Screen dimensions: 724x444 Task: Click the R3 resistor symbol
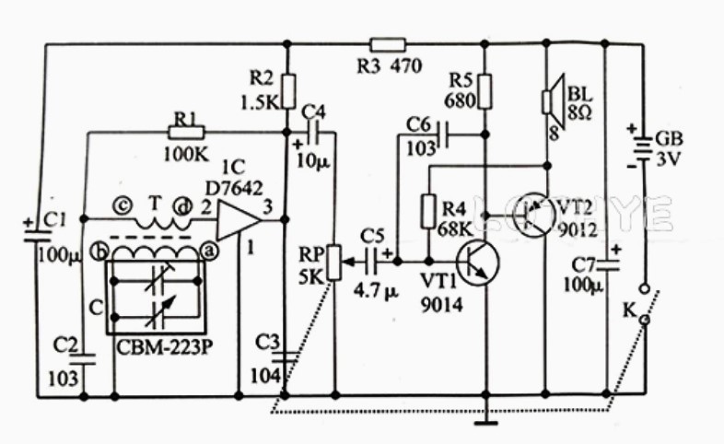coord(388,44)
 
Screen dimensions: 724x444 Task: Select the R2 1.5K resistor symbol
coord(287,91)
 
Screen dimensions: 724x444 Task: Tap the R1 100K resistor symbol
coord(186,133)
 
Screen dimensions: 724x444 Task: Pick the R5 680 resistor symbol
coord(485,91)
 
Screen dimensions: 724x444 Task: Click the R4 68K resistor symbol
coord(428,211)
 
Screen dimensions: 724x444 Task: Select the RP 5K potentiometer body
coord(334,263)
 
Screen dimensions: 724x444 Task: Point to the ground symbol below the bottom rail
coord(485,422)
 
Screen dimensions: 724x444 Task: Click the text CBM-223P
coord(164,347)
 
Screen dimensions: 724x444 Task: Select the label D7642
coord(234,188)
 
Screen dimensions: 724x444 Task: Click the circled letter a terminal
coord(209,251)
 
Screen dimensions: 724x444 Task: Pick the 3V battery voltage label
coord(669,159)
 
